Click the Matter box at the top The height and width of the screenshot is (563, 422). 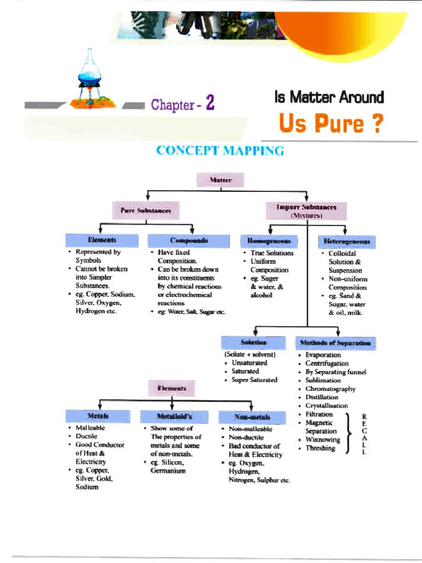(220, 180)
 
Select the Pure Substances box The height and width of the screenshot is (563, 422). (146, 209)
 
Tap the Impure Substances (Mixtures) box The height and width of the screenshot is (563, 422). (306, 211)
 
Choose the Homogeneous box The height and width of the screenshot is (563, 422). (269, 241)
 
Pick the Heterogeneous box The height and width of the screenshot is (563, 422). (347, 241)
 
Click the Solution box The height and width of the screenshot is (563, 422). (253, 343)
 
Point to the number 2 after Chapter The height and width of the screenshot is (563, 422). (209, 104)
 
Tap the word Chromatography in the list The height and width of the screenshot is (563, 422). (330, 389)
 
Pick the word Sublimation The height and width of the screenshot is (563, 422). (323, 380)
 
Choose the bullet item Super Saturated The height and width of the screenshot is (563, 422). (254, 379)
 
